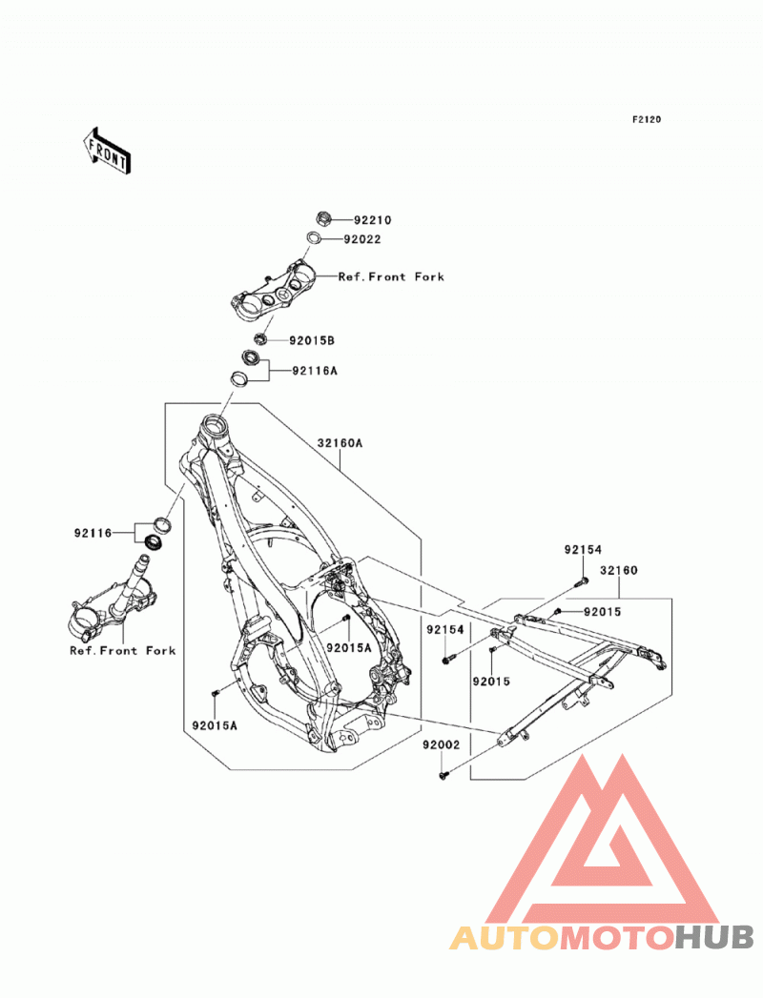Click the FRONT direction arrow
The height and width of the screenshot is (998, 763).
pyautogui.click(x=107, y=151)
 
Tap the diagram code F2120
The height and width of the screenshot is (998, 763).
pyautogui.click(x=646, y=119)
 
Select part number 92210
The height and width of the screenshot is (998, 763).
pyautogui.click(x=373, y=220)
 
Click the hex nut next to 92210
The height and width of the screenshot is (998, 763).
pyautogui.click(x=323, y=219)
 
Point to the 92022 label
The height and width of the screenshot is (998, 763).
pyautogui.click(x=362, y=239)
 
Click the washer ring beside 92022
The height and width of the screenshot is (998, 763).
pyautogui.click(x=314, y=238)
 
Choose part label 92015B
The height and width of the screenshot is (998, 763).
pyautogui.click(x=312, y=340)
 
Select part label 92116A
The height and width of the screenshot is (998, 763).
pyautogui.click(x=315, y=371)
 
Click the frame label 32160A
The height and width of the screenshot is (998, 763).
pyautogui.click(x=340, y=443)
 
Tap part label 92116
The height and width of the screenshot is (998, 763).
pyautogui.click(x=93, y=533)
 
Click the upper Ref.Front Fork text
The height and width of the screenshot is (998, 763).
pyautogui.click(x=391, y=276)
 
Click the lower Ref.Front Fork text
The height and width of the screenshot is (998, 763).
pyautogui.click(x=122, y=650)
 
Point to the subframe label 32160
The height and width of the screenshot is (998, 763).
pyautogui.click(x=618, y=570)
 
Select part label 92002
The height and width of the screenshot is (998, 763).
pyautogui.click(x=441, y=744)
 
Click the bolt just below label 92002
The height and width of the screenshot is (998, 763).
pyautogui.click(x=443, y=775)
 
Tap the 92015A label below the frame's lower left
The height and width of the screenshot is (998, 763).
pyautogui.click(x=215, y=725)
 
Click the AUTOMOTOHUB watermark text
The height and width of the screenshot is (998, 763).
pyautogui.click(x=602, y=938)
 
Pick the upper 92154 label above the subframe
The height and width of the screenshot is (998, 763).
pyautogui.click(x=583, y=549)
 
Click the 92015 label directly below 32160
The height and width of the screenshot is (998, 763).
pyautogui.click(x=603, y=612)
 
